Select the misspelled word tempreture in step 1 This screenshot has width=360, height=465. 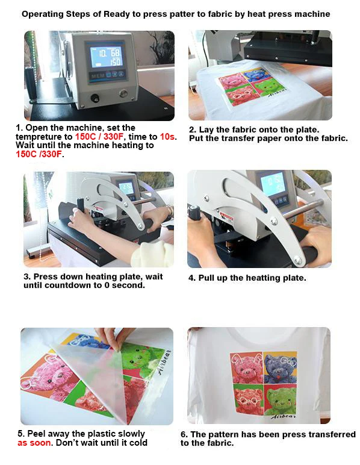40,137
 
